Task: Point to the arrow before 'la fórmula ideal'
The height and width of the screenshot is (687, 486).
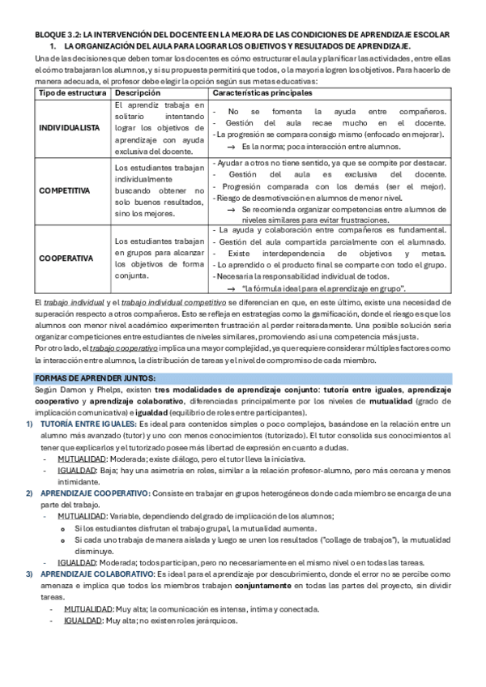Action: pyautogui.click(x=231, y=288)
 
